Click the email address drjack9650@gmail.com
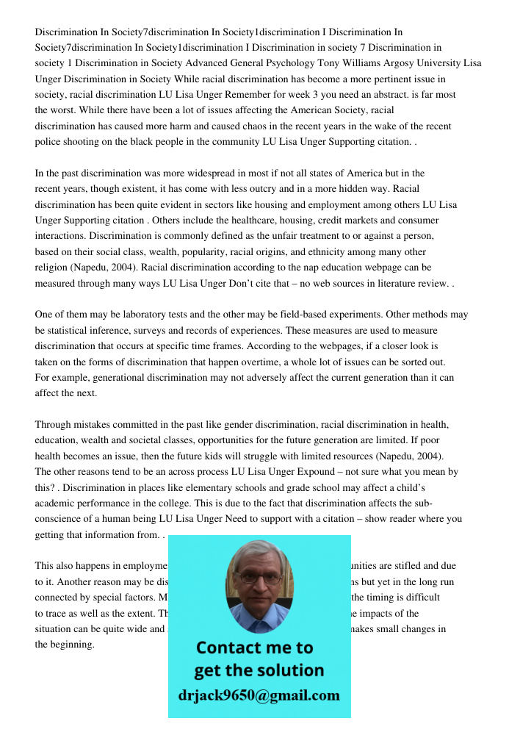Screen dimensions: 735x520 point(259,695)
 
